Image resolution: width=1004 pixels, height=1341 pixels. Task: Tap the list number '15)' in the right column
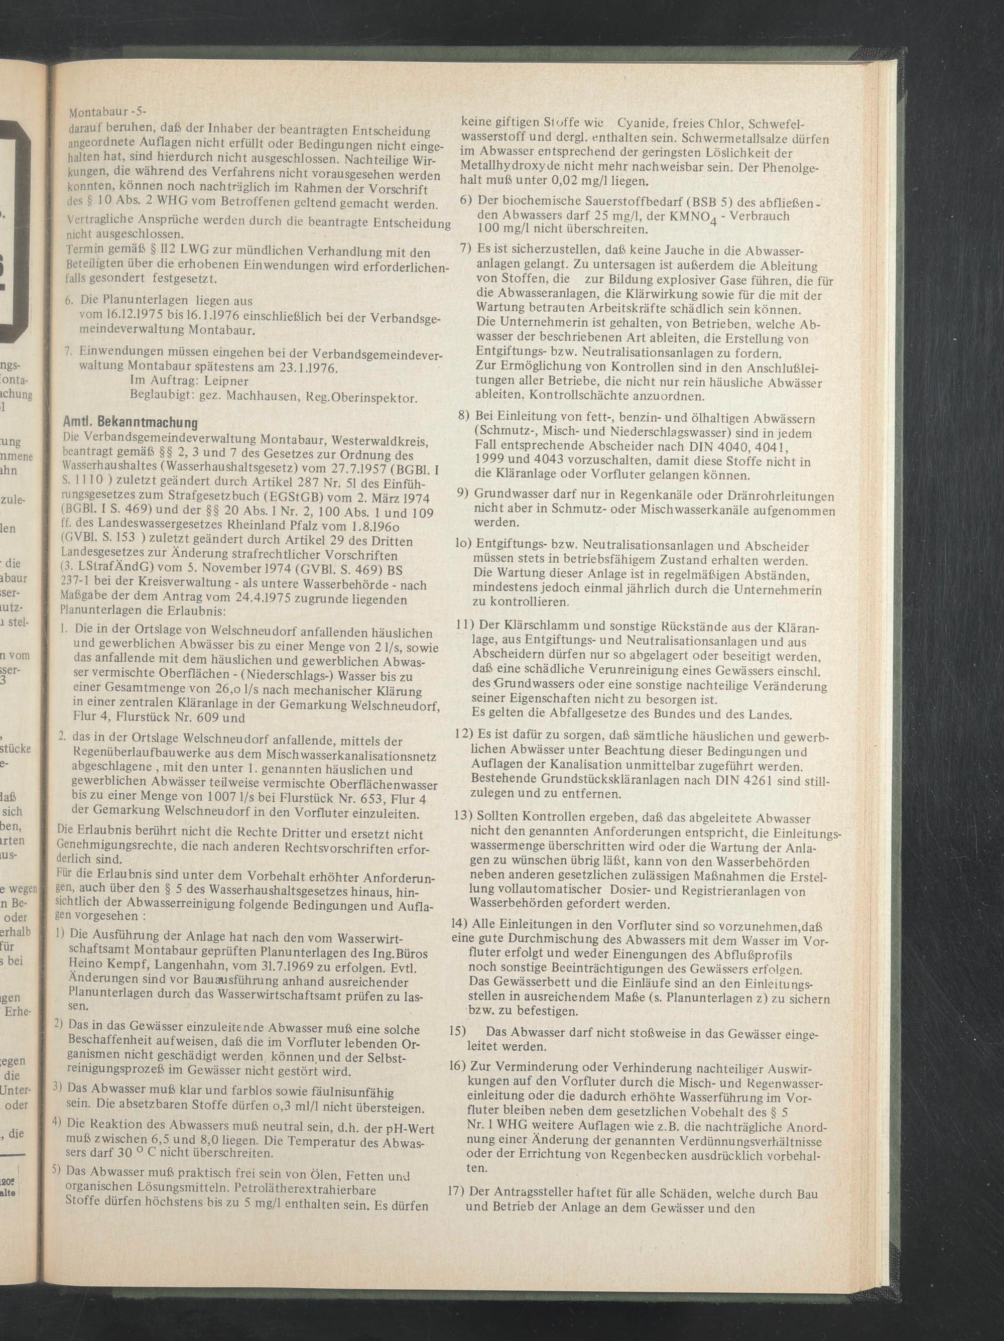pyautogui.click(x=458, y=1031)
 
